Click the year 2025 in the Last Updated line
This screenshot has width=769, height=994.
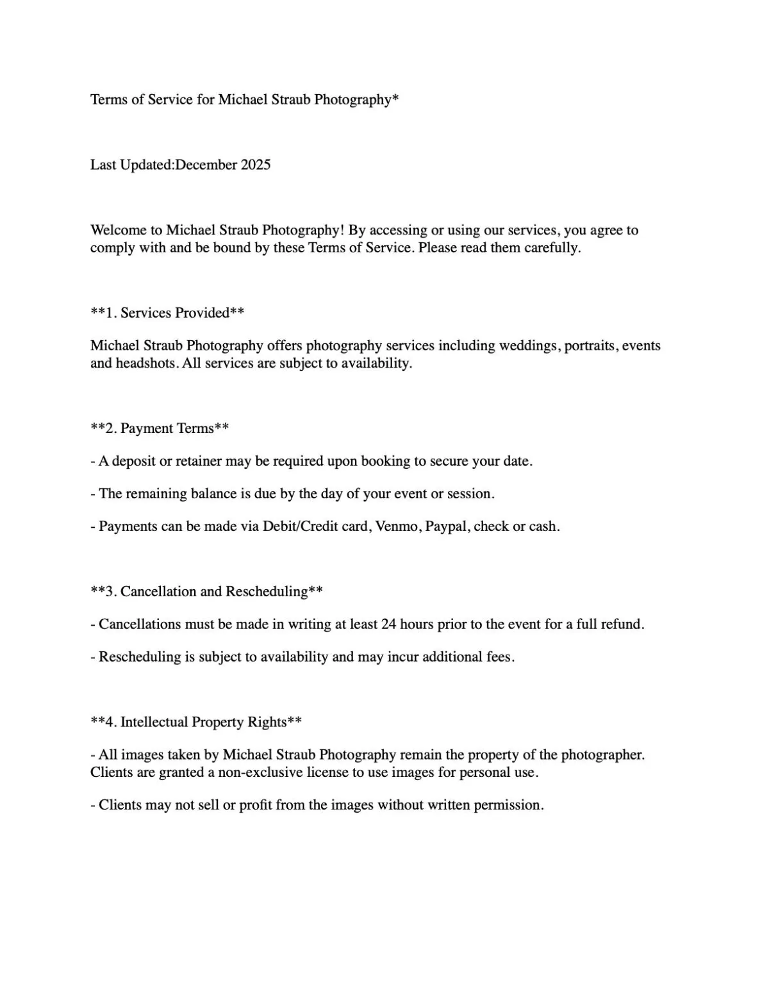(256, 165)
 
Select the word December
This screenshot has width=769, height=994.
(206, 165)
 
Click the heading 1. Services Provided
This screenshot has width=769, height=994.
(167, 313)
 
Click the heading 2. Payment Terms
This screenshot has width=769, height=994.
(160, 428)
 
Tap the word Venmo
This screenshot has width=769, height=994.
(395, 526)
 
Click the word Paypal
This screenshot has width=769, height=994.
(445, 526)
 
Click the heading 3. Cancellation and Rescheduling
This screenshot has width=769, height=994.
(206, 591)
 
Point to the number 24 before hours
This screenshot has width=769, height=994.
(389, 624)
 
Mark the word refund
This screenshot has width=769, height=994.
(622, 624)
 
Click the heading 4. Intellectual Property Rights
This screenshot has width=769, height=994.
(196, 722)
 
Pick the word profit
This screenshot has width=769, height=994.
(256, 805)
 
